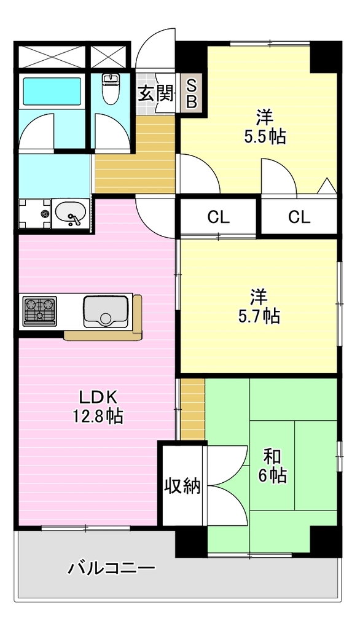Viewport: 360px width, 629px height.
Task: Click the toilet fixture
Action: tap(110, 89)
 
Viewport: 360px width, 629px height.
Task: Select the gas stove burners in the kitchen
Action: tap(39, 310)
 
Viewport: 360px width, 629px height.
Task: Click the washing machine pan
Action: tap(34, 214)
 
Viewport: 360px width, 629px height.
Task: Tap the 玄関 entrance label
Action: tap(156, 94)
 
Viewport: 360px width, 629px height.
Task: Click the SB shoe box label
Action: tap(192, 94)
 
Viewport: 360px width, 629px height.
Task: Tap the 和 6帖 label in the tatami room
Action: tap(273, 466)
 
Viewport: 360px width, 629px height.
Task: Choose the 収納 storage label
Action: tap(182, 486)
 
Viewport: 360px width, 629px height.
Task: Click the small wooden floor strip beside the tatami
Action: tap(192, 408)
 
